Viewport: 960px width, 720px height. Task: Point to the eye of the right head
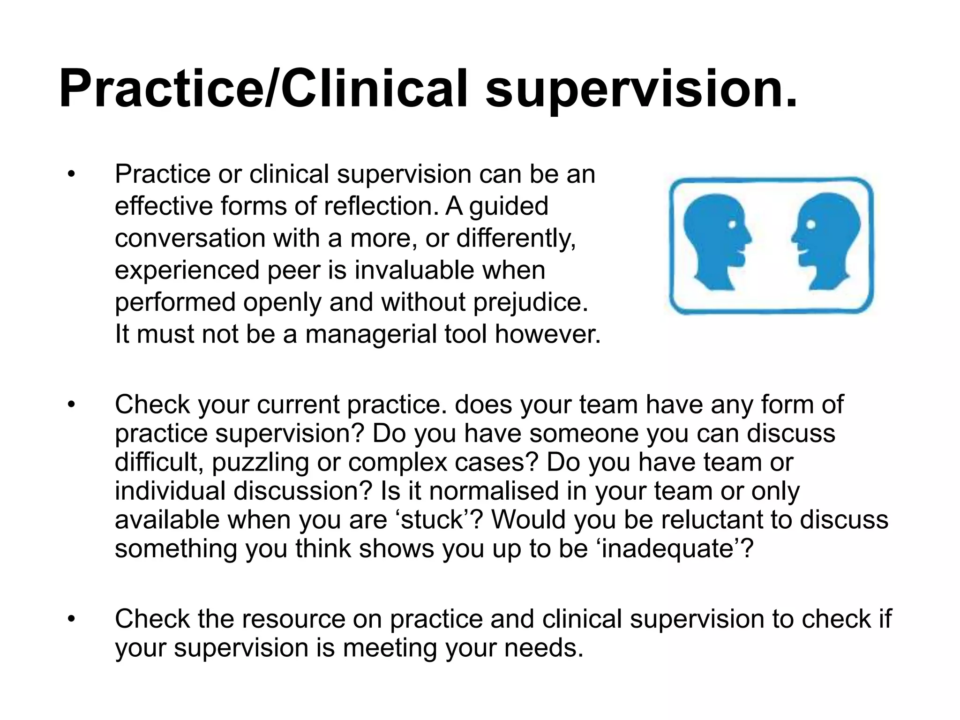coord(810,225)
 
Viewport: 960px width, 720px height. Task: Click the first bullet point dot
coord(71,175)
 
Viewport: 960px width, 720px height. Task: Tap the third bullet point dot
coord(71,619)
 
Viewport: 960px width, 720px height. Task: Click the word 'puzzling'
coord(260,463)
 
